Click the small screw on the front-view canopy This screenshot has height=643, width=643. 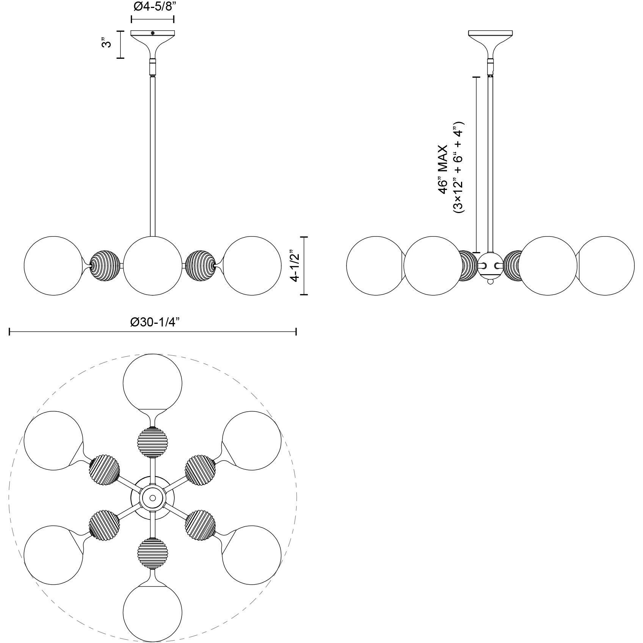(152, 33)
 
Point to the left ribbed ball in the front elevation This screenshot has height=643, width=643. (105, 265)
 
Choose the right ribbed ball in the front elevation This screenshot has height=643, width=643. (201, 265)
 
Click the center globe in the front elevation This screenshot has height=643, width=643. (153, 265)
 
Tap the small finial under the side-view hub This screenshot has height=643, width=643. (491, 282)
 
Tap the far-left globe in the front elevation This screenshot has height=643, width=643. (53, 265)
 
